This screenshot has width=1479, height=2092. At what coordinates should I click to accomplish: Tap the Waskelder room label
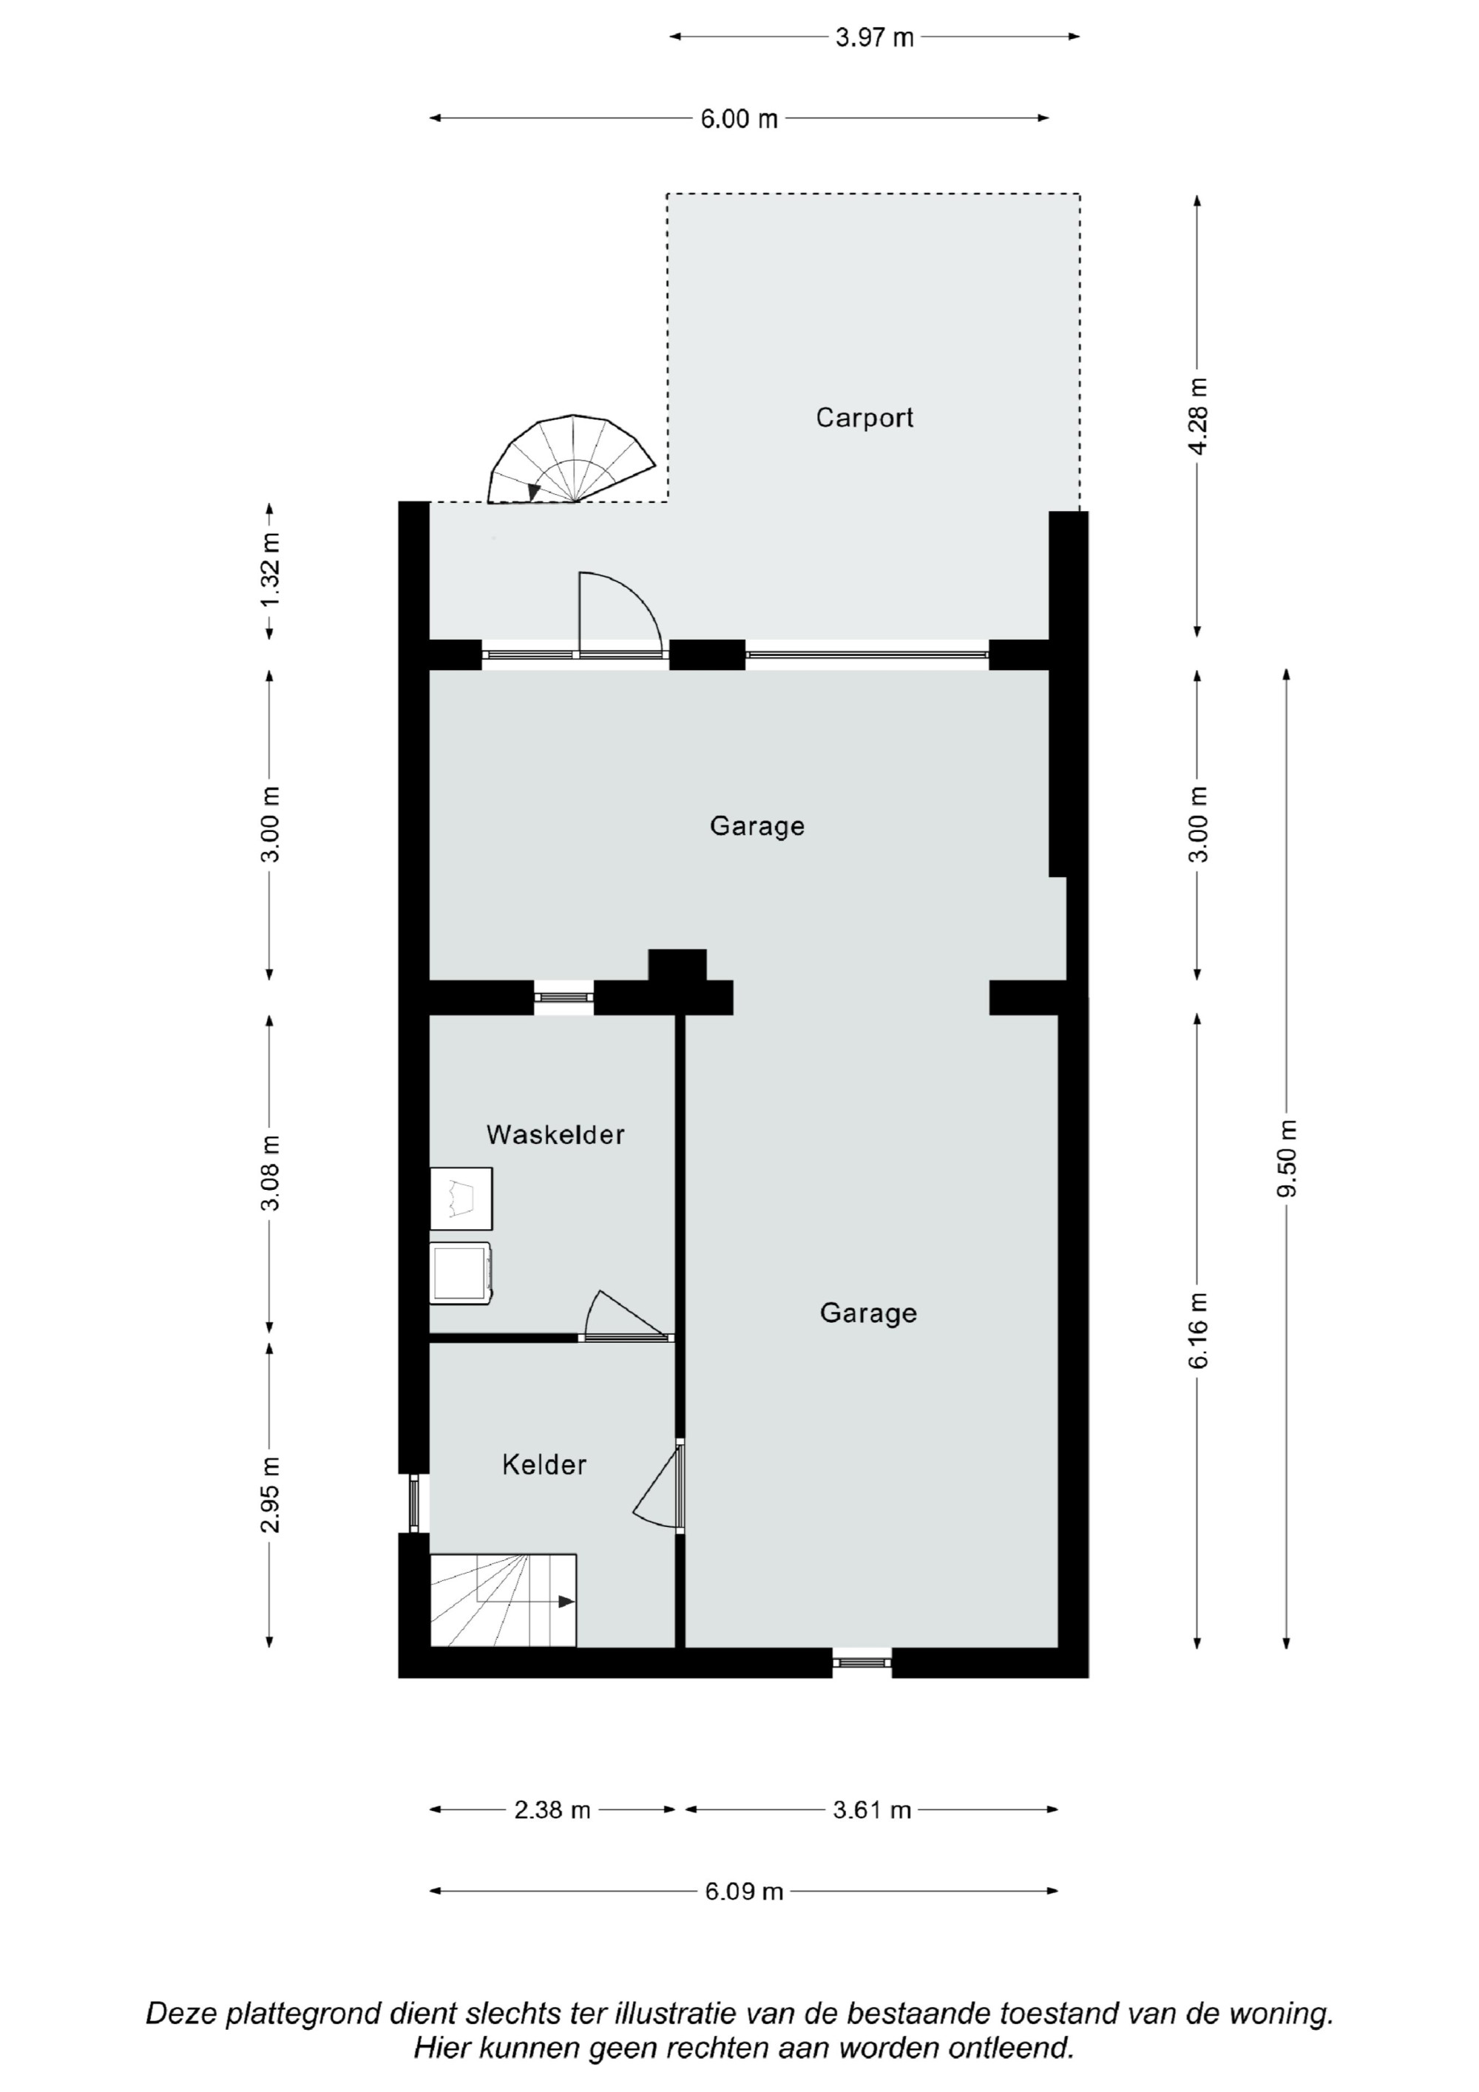point(555,1134)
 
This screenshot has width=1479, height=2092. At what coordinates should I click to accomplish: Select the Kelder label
point(544,1464)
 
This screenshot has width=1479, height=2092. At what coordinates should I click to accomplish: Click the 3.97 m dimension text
point(875,38)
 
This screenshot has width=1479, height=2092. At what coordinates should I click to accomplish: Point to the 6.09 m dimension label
point(744,1891)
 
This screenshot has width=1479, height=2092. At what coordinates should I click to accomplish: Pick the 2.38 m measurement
point(552,1809)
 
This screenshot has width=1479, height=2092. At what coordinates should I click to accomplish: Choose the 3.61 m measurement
point(872,1809)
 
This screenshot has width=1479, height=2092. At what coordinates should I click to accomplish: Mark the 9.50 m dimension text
point(1286,1158)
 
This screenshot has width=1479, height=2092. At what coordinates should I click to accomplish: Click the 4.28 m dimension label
point(1197,416)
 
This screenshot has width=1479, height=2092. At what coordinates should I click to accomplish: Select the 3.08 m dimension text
point(270,1174)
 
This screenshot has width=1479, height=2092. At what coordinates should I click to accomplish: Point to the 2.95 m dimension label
point(270,1495)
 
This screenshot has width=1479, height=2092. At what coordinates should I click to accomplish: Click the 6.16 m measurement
point(1197,1330)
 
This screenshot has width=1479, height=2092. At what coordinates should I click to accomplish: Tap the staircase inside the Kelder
point(503,1600)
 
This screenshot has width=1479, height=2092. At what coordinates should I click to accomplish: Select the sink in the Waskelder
point(461,1198)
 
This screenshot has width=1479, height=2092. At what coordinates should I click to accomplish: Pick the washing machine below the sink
point(461,1273)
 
